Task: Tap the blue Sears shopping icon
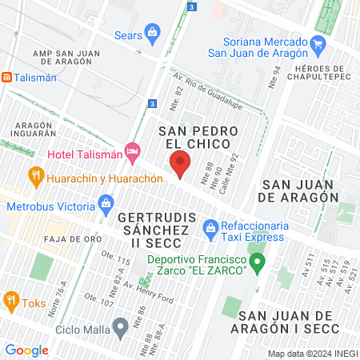[x=154, y=34]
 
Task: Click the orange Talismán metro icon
[x=6, y=78]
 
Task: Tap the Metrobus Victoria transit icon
[x=106, y=205]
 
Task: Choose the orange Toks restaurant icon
[x=10, y=302]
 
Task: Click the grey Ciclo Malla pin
[x=120, y=326]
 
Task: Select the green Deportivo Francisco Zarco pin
[x=257, y=262]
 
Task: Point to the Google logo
[x=26, y=350]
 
